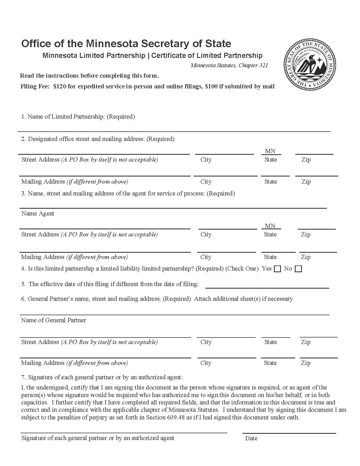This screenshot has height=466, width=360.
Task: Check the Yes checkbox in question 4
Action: pyautogui.click(x=278, y=269)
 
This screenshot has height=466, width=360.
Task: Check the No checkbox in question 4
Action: pyautogui.click(x=298, y=269)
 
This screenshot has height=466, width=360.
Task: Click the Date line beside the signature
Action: pyautogui.click(x=289, y=430)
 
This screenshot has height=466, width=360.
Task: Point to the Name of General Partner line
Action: pyautogui.click(x=174, y=311)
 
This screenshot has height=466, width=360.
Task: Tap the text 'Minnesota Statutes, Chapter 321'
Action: pyautogui.click(x=229, y=66)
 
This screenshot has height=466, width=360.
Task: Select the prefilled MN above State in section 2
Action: pyautogui.click(x=270, y=151)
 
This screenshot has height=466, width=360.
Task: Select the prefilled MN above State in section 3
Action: pyautogui.click(x=270, y=226)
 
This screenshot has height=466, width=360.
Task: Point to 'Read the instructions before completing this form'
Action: pyautogui.click(x=89, y=76)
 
